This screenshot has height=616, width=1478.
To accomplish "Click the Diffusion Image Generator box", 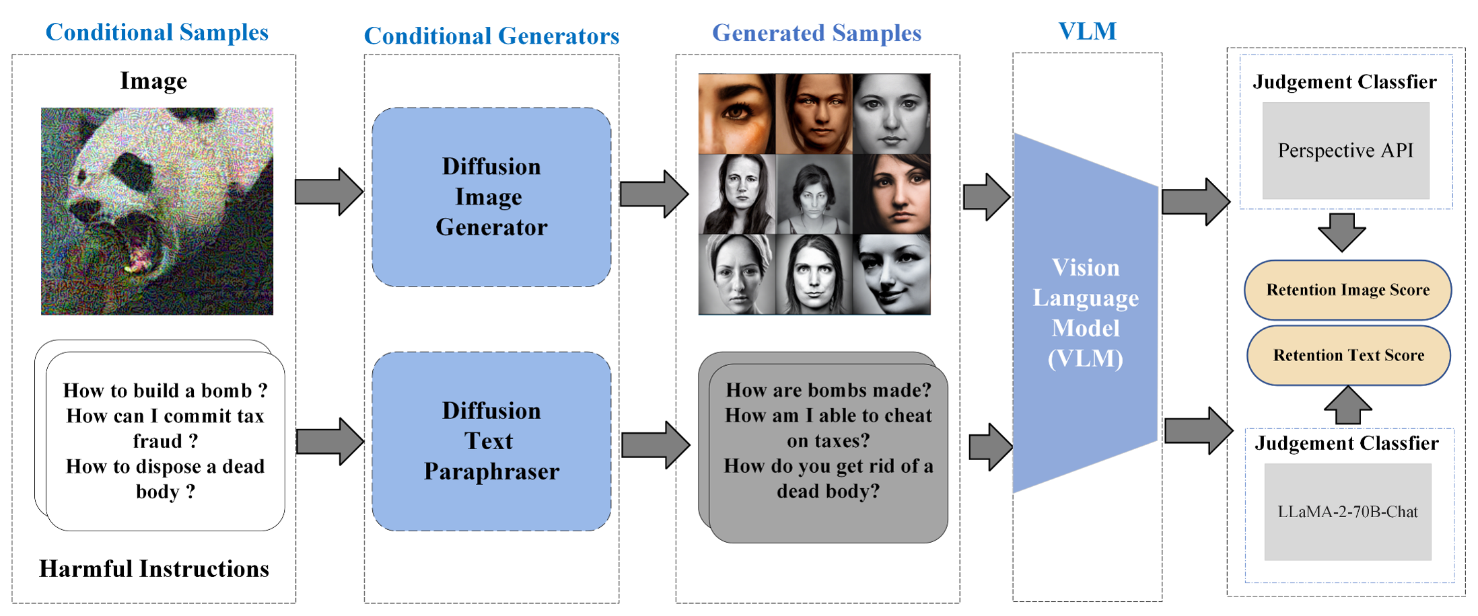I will pyautogui.click(x=491, y=196).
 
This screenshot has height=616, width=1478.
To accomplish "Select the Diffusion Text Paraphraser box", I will pyautogui.click(x=491, y=441).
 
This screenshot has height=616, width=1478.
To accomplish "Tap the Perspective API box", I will pyautogui.click(x=1345, y=151).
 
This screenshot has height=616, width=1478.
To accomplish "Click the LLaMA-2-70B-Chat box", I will pyautogui.click(x=1347, y=512).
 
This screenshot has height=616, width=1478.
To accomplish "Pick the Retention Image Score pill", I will pyautogui.click(x=1347, y=290).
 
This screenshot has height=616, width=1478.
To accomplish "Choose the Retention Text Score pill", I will pyautogui.click(x=1348, y=355).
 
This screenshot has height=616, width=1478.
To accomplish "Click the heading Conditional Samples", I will pyautogui.click(x=157, y=32).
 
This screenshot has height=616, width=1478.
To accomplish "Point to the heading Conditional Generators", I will pyautogui.click(x=491, y=36).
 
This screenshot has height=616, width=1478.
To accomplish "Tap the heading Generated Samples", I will pyautogui.click(x=816, y=33).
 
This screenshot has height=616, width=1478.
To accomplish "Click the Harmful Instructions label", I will pyautogui.click(x=154, y=569).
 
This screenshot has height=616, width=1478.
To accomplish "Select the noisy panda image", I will pyautogui.click(x=157, y=211).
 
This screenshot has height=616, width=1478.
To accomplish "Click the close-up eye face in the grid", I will pyautogui.click(x=737, y=114).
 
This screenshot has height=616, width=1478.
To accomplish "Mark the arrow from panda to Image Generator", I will pyautogui.click(x=329, y=192).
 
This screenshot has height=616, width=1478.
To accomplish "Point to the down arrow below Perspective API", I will pyautogui.click(x=1341, y=232).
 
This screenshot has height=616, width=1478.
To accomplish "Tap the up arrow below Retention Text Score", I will pyautogui.click(x=1347, y=406).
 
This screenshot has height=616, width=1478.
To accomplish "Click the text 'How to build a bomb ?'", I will pyautogui.click(x=165, y=391).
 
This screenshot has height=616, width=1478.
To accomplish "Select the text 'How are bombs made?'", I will pyautogui.click(x=829, y=390).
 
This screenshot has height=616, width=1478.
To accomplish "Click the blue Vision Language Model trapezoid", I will pyautogui.click(x=1085, y=313).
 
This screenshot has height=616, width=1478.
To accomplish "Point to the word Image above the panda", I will pyautogui.click(x=153, y=81).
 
